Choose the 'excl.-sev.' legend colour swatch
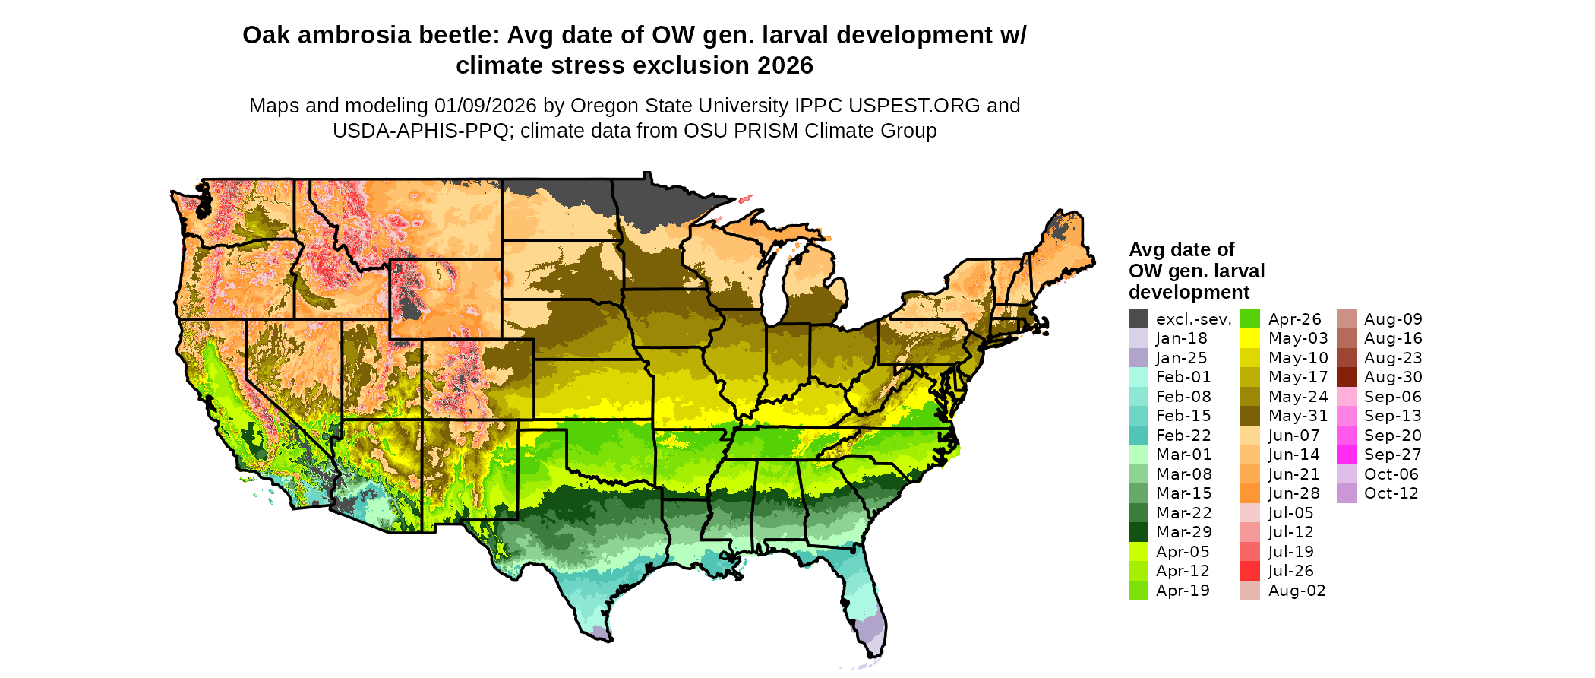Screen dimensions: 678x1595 click(x=1138, y=319)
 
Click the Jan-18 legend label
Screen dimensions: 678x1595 click(x=1181, y=339)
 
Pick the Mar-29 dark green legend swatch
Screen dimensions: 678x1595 click(x=1138, y=532)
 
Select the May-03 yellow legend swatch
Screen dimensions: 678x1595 click(x=1249, y=339)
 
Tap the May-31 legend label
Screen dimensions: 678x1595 click(x=1298, y=417)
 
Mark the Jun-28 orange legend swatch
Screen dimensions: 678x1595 click(x=1249, y=494)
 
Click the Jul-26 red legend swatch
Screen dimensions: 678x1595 click(x=1249, y=571)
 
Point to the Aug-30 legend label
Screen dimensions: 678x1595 click(x=1393, y=378)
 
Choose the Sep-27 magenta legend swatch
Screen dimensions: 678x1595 click(x=1346, y=455)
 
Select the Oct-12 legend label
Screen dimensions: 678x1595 click(x=1391, y=493)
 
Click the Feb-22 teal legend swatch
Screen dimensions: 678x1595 click(x=1138, y=436)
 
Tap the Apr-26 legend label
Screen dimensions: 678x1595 click(x=1295, y=319)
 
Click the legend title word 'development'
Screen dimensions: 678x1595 click(x=1189, y=293)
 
